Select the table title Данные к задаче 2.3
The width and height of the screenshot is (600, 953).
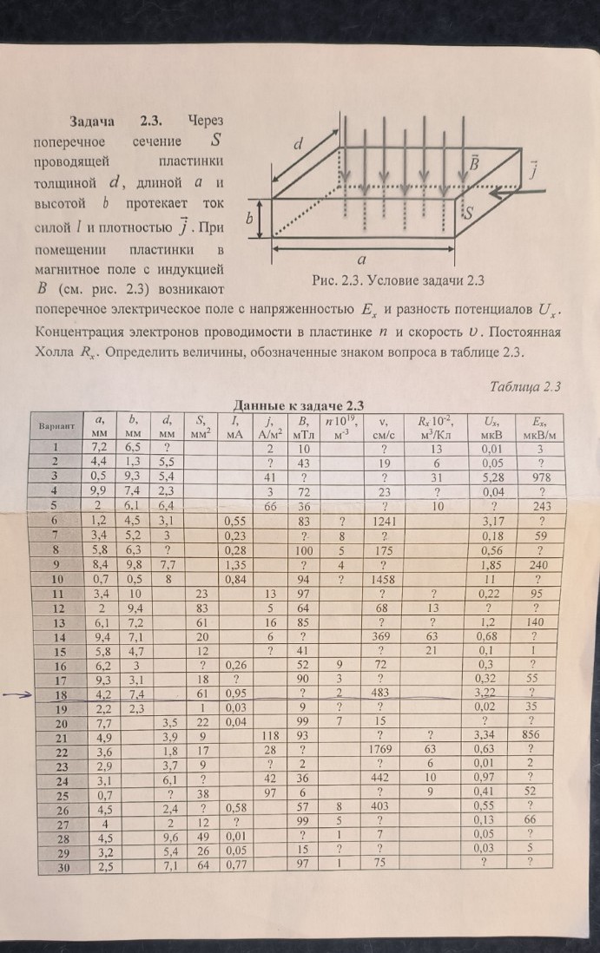click(299, 404)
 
